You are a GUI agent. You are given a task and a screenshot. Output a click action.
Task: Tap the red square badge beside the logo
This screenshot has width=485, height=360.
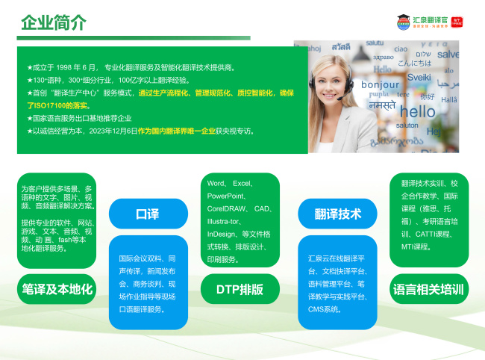469,21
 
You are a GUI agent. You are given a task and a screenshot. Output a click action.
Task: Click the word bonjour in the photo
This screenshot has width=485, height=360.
380,84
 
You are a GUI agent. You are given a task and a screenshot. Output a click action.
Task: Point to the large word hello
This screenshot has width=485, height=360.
416,112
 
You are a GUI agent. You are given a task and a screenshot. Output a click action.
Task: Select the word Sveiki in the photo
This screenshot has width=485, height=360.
419,76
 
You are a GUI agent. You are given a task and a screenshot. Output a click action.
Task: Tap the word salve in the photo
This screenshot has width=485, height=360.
448,55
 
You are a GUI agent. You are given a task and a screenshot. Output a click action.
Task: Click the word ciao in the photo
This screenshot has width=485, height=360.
401,49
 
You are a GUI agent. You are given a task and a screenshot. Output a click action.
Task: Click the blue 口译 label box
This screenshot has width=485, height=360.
148,214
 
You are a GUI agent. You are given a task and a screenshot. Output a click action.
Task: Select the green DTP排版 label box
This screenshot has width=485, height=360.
240,288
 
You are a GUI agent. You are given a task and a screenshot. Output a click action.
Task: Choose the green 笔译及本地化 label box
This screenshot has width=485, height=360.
57,288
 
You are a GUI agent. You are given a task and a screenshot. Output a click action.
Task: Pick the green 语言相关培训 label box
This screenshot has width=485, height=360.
428,288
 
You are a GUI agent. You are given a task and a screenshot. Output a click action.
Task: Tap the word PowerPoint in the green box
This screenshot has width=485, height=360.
225,196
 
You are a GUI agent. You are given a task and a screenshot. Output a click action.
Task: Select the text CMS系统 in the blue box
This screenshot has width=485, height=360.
324,309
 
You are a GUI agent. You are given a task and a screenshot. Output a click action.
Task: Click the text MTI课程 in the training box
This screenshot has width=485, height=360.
416,246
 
